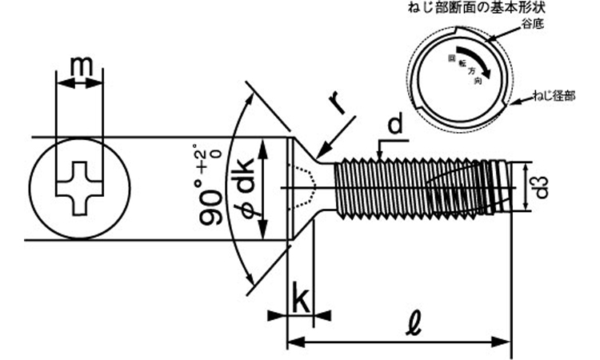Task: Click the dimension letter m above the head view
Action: pos(82,66)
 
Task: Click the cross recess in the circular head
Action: pos(79,188)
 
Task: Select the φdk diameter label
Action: pos(246,188)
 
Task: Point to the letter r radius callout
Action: pos(337,102)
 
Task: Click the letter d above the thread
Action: pos(395,125)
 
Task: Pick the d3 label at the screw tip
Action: pos(541,187)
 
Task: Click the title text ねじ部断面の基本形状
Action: pos(477,7)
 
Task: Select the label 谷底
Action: pos(532,24)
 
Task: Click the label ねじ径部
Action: pos(554,96)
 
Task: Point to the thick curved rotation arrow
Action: pos(474,58)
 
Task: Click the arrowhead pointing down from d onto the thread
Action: pos(379,154)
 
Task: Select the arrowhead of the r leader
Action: pos(322,152)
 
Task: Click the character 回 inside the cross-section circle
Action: pos(451,58)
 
